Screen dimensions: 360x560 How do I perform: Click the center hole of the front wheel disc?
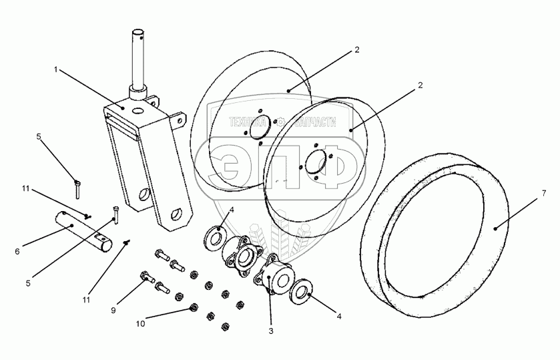click(x=314, y=162)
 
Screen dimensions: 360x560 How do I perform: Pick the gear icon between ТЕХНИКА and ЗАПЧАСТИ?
click(x=281, y=123)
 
